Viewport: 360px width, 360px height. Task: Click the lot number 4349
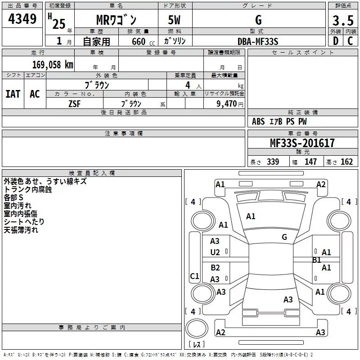(x=22, y=19)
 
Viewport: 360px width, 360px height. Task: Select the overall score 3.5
(x=343, y=20)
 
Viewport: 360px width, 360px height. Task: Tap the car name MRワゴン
(x=117, y=20)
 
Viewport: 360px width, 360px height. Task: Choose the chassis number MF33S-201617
(x=302, y=143)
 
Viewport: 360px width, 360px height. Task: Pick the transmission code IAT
(x=13, y=94)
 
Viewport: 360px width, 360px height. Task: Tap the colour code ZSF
(x=74, y=103)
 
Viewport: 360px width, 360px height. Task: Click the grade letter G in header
(x=258, y=20)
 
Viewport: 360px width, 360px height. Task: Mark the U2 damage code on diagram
(x=215, y=252)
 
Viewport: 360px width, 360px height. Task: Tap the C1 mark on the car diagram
(x=194, y=276)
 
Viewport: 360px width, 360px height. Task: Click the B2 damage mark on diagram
(x=215, y=268)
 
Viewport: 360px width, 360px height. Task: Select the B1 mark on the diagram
(x=317, y=260)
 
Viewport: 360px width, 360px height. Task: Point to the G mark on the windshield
(x=284, y=237)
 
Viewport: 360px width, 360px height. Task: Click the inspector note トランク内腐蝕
(x=28, y=189)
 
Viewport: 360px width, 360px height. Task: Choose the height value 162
(x=346, y=162)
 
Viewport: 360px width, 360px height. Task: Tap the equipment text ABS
(x=258, y=121)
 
